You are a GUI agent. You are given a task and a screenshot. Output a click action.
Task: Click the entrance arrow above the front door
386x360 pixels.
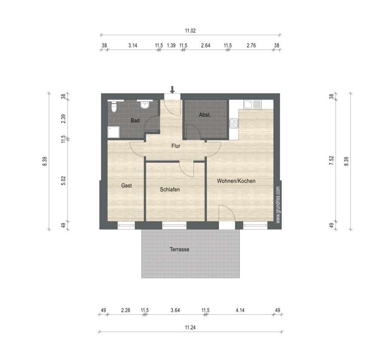point(172,90)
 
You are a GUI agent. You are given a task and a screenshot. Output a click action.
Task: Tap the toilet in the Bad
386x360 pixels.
point(114,106)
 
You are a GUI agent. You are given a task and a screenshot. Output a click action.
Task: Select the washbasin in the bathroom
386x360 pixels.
point(145,104)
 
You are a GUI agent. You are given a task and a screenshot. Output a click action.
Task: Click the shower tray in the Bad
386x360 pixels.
point(114,132)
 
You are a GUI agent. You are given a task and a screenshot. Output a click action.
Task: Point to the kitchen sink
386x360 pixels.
point(252,104)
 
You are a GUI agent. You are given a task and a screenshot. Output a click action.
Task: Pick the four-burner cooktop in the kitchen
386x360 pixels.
point(234,124)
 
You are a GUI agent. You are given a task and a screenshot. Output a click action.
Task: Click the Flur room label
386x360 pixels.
point(176,146)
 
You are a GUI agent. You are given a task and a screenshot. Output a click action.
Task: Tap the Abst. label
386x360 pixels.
point(205,115)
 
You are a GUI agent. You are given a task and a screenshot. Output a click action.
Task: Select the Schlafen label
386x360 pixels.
point(170,189)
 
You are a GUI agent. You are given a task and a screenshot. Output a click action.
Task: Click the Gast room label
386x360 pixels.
point(127,185)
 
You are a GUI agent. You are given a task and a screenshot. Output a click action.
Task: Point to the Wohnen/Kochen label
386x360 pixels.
point(236,181)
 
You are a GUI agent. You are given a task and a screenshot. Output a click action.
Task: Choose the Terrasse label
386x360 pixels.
point(179,249)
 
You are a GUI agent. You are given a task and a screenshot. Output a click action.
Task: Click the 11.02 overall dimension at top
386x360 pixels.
point(190,31)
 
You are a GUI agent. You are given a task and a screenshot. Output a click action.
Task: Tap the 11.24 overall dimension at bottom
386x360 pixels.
point(190,327)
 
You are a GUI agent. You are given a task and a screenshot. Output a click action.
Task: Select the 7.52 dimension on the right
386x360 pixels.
point(332,160)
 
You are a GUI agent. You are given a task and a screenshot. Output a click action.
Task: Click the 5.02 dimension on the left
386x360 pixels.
point(63,181)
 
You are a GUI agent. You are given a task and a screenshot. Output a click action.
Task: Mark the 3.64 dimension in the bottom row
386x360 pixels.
point(175,310)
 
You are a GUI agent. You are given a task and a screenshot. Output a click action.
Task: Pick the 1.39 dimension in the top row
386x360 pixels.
point(171,45)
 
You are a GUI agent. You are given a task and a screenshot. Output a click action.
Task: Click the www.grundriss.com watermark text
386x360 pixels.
point(278,205)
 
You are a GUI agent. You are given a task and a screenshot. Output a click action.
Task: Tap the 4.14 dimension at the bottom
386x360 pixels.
point(240,310)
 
